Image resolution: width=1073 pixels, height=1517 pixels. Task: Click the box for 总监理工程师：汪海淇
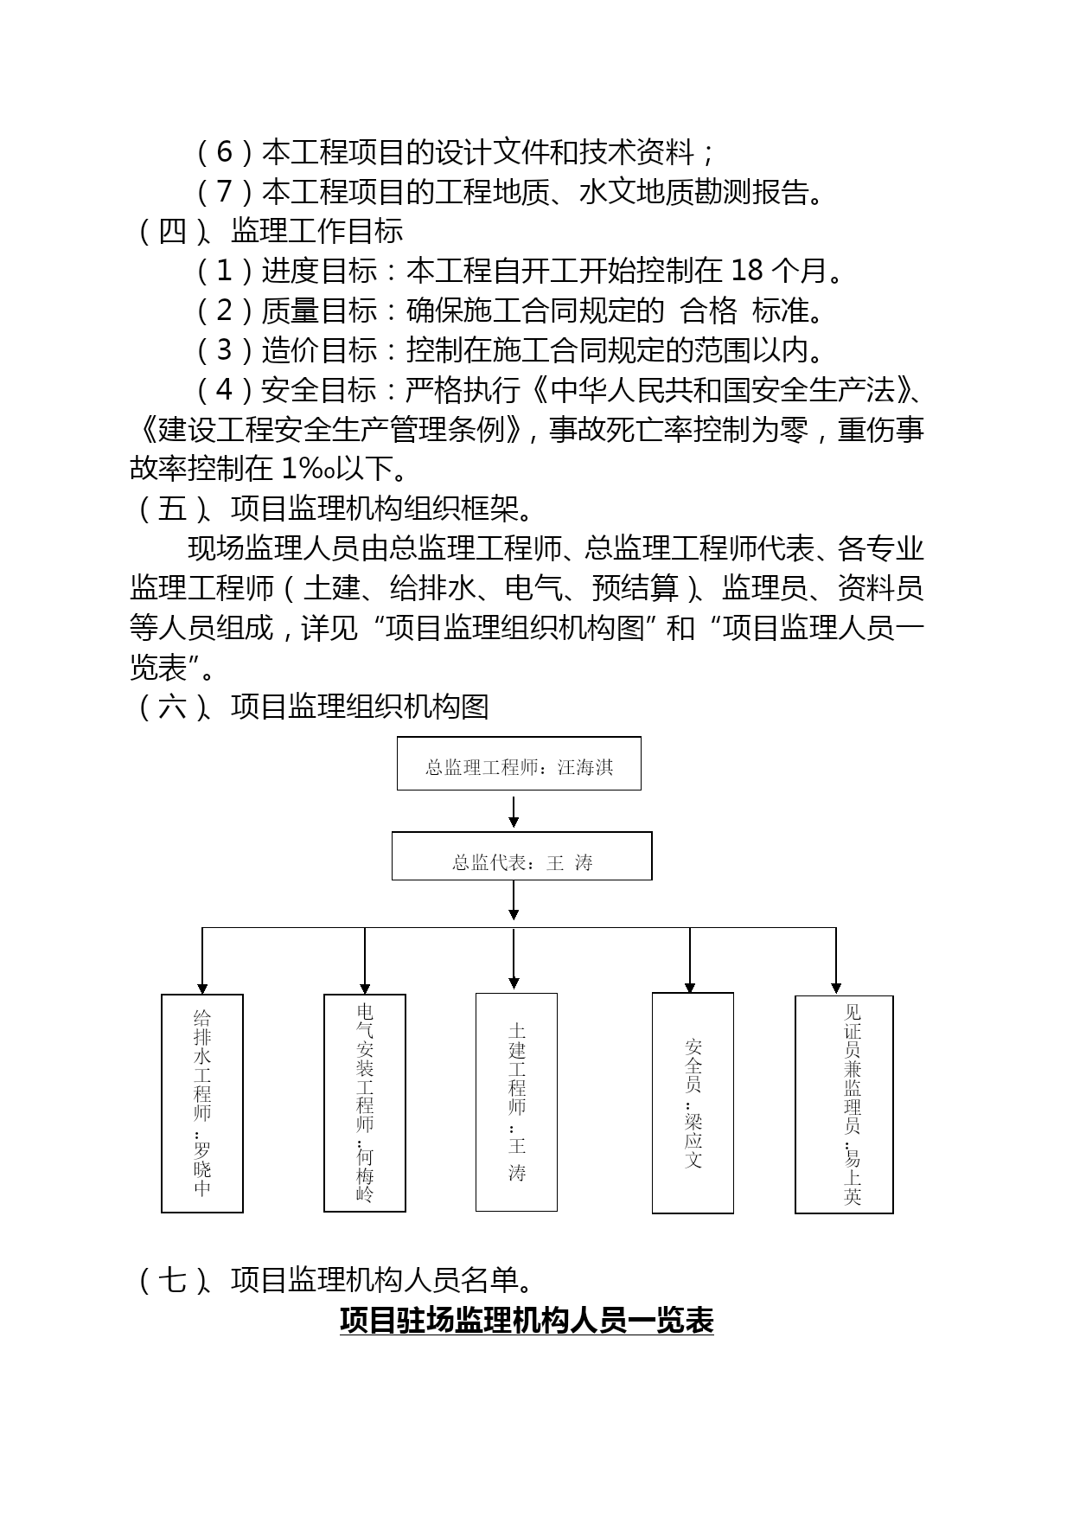[x=519, y=763]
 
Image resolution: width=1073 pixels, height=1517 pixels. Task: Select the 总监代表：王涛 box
[x=521, y=856]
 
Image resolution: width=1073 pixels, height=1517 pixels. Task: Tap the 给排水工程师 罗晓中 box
[x=202, y=1104]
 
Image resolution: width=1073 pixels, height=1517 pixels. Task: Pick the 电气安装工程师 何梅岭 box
[x=365, y=1103]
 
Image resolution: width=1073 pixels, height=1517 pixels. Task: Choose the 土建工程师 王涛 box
[x=516, y=1102]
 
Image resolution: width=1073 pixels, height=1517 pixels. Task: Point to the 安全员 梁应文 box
[x=693, y=1103]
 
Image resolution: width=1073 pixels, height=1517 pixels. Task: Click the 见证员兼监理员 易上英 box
[x=844, y=1104]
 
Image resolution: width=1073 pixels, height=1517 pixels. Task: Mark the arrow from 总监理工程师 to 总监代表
[x=514, y=811]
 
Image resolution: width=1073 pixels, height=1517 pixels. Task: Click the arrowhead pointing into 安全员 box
[x=690, y=988]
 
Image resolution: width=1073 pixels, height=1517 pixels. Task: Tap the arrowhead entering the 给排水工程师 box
[x=202, y=989]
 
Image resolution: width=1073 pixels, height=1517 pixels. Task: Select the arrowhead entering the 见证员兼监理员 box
[x=836, y=988]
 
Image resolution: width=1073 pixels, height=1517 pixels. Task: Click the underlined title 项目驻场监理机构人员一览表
[x=527, y=1322]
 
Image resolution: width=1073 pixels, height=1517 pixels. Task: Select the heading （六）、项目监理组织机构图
[x=310, y=707]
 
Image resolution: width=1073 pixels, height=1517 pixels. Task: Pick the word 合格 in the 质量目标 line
[x=709, y=310]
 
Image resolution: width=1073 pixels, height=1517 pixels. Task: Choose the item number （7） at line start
[x=224, y=191]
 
